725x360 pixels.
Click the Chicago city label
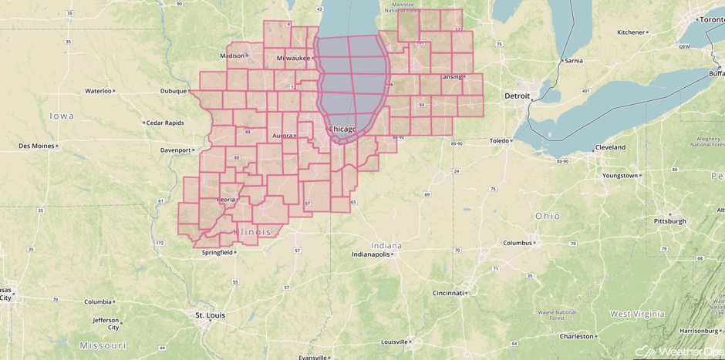342,128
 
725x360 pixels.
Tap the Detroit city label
517,96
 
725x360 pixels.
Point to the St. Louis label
209,315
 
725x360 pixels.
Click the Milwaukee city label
293,58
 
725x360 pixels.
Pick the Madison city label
231,56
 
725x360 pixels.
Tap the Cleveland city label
609,147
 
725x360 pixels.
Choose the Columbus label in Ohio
518,243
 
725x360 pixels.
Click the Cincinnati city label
447,293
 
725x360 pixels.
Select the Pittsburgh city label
669,221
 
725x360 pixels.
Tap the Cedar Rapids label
164,123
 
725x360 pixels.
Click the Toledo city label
499,141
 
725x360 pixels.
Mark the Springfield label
216,252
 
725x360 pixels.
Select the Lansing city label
450,77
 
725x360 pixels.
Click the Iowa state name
62,116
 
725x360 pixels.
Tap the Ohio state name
548,216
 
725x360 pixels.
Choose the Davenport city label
175,150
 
